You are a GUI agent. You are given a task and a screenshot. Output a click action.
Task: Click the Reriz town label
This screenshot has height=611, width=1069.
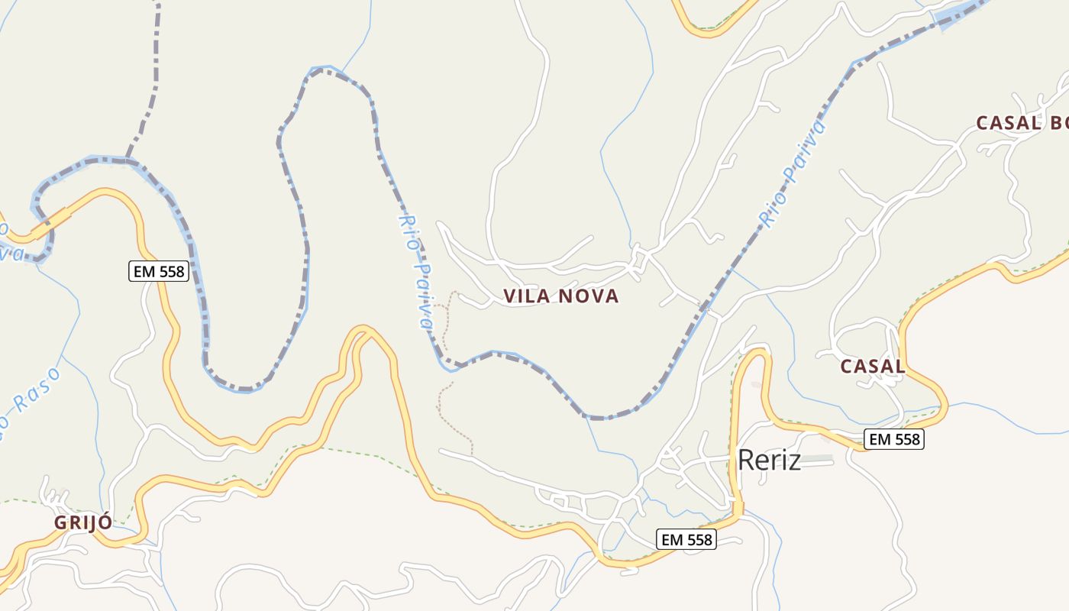coord(769,460)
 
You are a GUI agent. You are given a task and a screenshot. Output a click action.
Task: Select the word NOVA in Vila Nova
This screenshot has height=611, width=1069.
coord(589,296)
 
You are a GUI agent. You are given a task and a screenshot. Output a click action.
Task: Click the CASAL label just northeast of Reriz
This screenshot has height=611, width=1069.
coord(872,367)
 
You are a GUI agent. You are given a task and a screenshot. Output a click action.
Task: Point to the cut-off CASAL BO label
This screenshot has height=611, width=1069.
coord(1022,123)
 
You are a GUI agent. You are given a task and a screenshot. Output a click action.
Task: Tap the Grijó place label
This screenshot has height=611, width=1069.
coord(82,522)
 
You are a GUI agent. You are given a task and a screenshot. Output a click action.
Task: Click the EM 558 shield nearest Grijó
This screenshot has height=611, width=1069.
coord(158,271)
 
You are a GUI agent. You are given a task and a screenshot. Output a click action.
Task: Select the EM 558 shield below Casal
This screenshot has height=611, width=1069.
coord(894,439)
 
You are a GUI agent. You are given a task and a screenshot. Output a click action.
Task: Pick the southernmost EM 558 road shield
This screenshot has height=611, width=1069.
coord(686,539)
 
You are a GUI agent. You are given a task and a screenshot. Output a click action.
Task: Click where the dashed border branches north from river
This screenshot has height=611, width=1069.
coord(128,159)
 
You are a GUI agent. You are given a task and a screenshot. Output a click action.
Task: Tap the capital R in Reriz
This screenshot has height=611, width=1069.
coord(746,460)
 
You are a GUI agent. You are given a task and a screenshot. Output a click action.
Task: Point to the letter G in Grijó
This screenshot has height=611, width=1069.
coord(60,523)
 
